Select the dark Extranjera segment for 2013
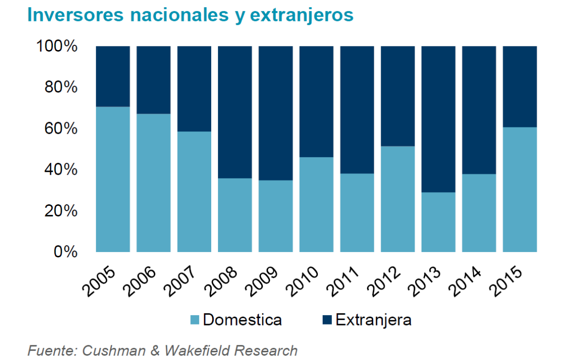click(x=438, y=119)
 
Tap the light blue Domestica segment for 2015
click(x=519, y=190)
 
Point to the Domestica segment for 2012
click(x=398, y=199)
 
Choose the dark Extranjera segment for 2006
click(x=153, y=80)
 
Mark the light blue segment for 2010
click(x=316, y=204)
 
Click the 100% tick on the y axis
click(x=57, y=47)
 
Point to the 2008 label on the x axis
click(x=224, y=282)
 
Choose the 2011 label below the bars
click(x=346, y=282)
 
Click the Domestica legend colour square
click(x=195, y=320)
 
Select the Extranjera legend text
click(x=373, y=320)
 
